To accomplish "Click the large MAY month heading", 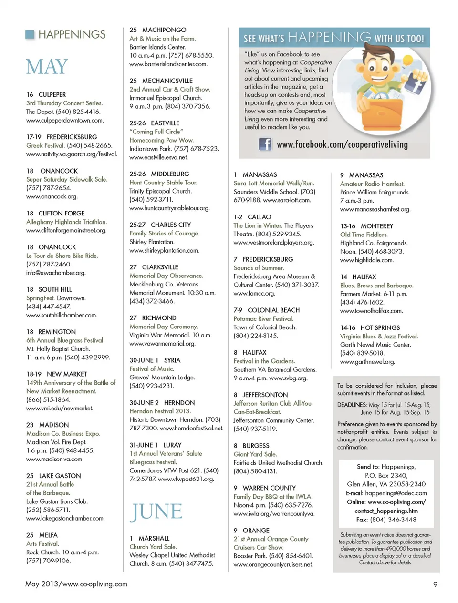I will pos(47,67).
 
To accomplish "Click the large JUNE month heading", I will pos(156,511).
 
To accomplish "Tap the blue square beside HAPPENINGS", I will pos(30,34).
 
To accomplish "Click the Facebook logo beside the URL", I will pos(265,144).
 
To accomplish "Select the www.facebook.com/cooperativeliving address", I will pos(342,144).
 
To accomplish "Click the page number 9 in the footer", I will pos(435,584).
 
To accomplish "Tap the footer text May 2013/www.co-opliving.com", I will pos(76,584).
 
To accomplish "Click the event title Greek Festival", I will pos(45,145).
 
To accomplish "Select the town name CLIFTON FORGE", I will pos(62,213).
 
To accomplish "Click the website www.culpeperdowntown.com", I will pos(65,120).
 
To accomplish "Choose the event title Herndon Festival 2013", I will pos(160,411).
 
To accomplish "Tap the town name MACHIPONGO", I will pos(164,30).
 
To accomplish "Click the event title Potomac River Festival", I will pos(263,318).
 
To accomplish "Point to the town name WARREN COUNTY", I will pos(269,488).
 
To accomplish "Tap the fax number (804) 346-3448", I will pos(393,520).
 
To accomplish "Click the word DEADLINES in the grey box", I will pos(352,405).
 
